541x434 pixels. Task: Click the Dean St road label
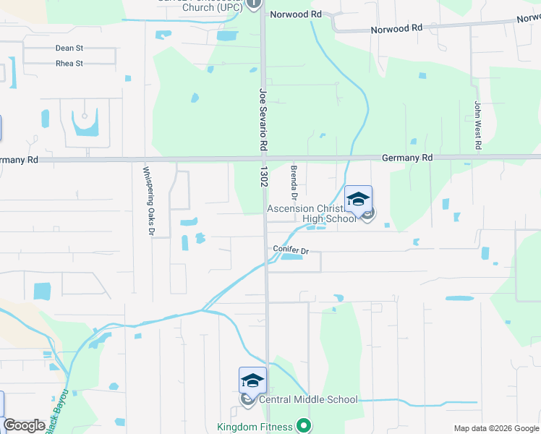point(69,48)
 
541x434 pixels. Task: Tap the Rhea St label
point(69,64)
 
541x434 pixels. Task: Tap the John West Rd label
point(478,125)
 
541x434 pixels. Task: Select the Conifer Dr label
point(291,250)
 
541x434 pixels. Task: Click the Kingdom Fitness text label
point(257,427)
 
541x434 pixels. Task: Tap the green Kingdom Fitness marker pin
point(304,426)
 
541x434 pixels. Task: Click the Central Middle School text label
point(308,399)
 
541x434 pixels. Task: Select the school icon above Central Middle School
point(252,380)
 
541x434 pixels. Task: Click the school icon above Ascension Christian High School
point(358,199)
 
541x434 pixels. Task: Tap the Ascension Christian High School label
point(312,213)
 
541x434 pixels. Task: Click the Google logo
point(25,425)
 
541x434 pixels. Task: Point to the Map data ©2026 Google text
point(495,428)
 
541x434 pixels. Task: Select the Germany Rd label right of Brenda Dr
point(406,158)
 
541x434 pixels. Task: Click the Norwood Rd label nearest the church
point(295,14)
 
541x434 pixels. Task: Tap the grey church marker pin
point(254,4)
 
